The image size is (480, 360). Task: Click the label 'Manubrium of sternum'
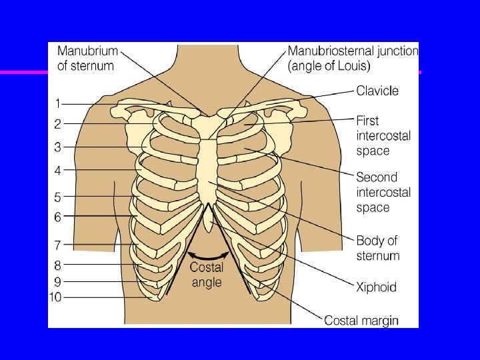point(87,58)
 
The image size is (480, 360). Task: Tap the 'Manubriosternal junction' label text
point(353,51)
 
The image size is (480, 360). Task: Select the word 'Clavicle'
point(377,91)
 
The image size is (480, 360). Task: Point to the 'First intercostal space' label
point(383,135)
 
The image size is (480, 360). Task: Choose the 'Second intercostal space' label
point(383,192)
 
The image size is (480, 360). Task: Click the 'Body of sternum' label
point(377,248)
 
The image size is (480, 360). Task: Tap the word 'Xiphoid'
point(376,287)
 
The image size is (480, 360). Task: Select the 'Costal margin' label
point(361,321)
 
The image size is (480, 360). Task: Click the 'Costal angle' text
point(207,275)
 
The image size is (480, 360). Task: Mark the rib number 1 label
point(58,103)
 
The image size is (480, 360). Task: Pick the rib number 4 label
point(58,171)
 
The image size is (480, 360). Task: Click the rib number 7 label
point(58,245)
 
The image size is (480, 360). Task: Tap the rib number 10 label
point(56,297)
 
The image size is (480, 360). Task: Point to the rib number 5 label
point(58,197)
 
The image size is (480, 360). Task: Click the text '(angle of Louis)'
point(330,66)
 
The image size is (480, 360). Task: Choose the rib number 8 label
point(58,265)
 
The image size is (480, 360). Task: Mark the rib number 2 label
point(58,124)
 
